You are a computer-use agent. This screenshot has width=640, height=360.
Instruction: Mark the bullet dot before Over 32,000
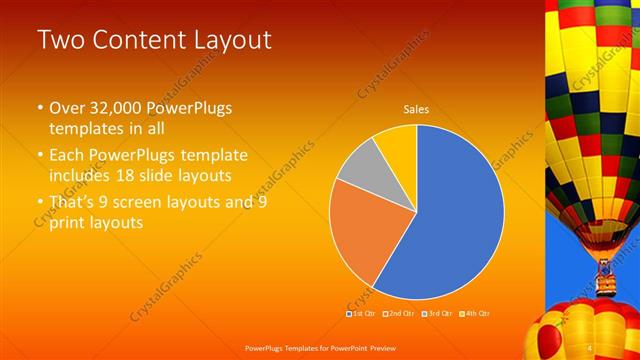(40, 108)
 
